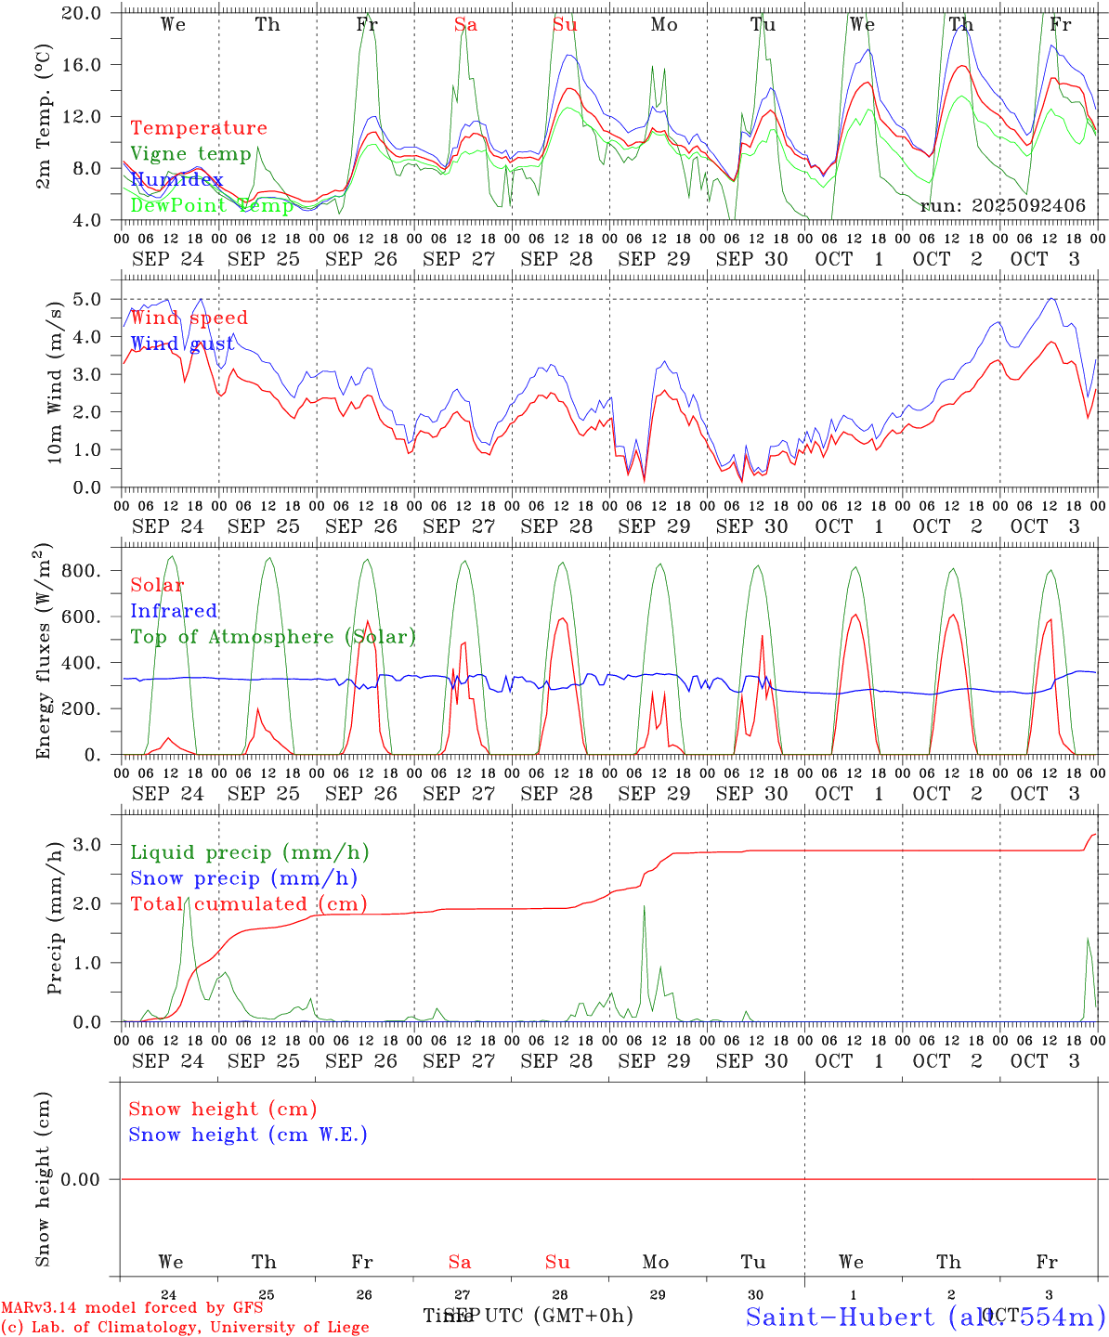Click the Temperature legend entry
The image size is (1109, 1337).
click(x=198, y=128)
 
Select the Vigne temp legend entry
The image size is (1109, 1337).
click(x=190, y=153)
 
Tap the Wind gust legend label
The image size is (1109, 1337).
click(x=182, y=344)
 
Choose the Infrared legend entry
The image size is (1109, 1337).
click(x=174, y=611)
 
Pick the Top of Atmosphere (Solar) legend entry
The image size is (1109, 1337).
click(x=272, y=637)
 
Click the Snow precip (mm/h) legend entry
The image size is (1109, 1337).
click(x=243, y=878)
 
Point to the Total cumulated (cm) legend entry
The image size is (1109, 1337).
click(x=248, y=903)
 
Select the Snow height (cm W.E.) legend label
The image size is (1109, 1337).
click(x=247, y=1135)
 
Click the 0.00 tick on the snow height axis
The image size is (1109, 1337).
click(x=91, y=1179)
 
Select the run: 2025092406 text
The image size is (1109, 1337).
click(x=1002, y=206)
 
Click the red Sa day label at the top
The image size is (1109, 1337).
click(x=465, y=25)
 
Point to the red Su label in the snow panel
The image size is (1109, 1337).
click(x=557, y=1262)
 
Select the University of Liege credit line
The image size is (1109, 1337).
click(x=185, y=1327)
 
